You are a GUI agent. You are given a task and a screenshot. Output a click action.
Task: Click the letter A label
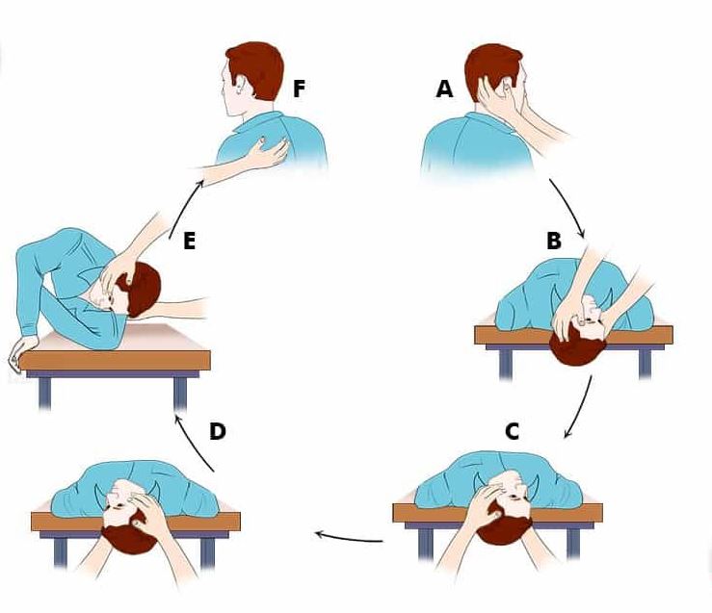tap(444, 89)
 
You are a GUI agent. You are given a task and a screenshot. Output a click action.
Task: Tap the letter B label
tap(554, 241)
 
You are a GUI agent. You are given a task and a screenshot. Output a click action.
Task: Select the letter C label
tap(512, 432)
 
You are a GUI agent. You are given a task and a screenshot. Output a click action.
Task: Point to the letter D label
tap(218, 431)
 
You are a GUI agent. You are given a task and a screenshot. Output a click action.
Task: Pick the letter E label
tap(189, 241)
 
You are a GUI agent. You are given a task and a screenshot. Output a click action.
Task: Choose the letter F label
tap(299, 89)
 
